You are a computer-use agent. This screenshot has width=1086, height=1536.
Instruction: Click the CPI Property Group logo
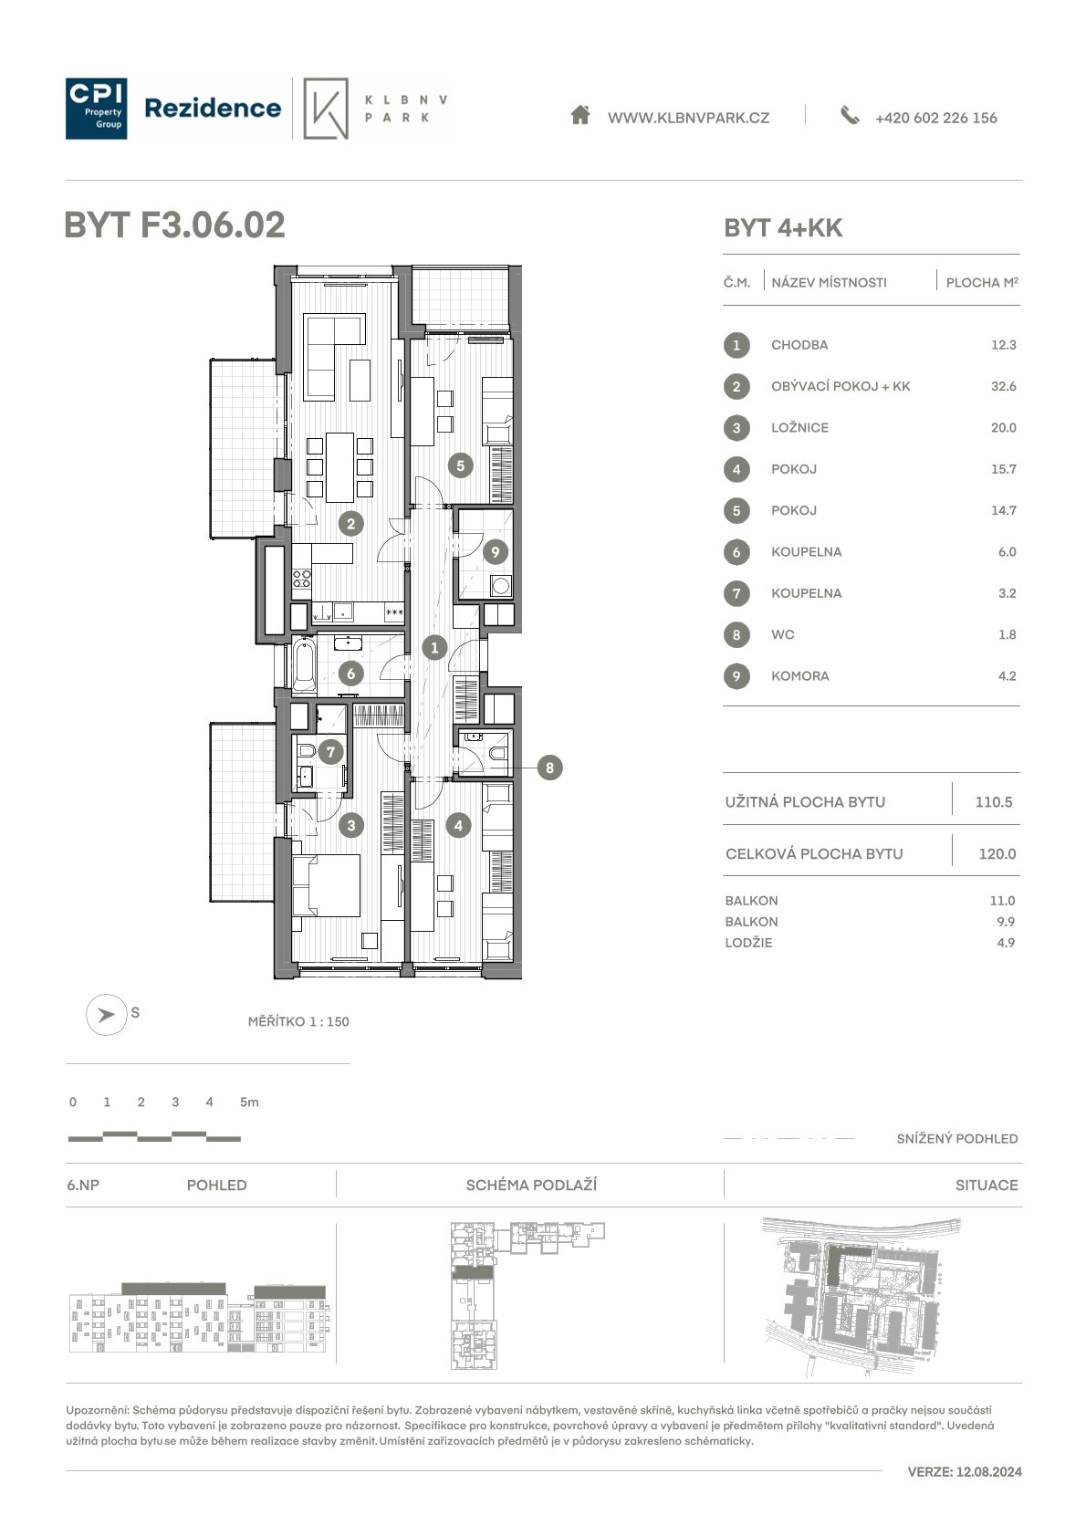click(x=96, y=109)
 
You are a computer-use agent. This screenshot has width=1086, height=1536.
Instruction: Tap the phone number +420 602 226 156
click(x=935, y=118)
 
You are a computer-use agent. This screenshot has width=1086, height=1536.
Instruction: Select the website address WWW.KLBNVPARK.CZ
click(x=688, y=118)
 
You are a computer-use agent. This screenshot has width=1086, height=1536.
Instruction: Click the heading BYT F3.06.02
click(x=174, y=225)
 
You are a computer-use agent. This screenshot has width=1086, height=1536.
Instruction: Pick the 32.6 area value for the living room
click(x=1003, y=386)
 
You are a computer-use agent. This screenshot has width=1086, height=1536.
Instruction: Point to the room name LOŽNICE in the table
click(x=799, y=428)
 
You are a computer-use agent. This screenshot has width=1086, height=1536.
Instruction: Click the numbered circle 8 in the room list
click(x=736, y=635)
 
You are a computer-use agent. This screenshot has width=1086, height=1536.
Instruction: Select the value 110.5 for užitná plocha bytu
click(x=994, y=801)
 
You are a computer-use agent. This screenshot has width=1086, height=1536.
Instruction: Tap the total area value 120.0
click(x=997, y=853)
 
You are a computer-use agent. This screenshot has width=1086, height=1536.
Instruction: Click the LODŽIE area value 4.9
click(x=1006, y=943)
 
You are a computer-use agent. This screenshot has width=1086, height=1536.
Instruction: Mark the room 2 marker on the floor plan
click(x=350, y=525)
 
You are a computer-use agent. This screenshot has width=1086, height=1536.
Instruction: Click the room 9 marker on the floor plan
click(x=495, y=551)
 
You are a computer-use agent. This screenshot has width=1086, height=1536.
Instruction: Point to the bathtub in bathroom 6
click(x=305, y=664)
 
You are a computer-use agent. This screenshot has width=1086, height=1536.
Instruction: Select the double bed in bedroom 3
click(x=327, y=885)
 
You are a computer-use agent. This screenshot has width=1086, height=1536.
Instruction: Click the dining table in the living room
click(x=339, y=467)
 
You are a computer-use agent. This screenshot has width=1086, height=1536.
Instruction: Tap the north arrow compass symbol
click(x=106, y=1014)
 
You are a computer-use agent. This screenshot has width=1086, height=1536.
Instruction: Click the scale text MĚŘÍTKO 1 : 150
click(x=298, y=1021)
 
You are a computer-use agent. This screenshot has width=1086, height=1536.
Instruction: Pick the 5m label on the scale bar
click(x=249, y=1102)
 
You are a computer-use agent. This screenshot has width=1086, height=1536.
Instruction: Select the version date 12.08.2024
click(x=988, y=1471)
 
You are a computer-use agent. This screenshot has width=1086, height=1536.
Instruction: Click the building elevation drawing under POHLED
click(x=199, y=1317)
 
